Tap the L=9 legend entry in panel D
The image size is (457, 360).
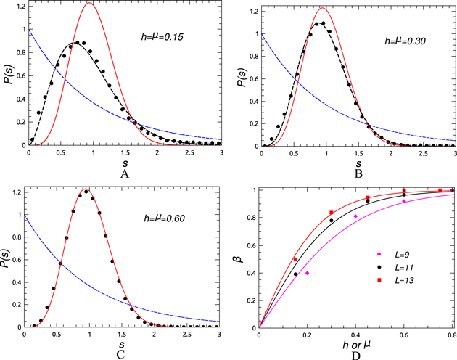tap(396, 255)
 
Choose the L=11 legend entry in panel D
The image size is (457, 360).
tap(398, 269)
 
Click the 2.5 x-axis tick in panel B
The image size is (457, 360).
tap(423, 153)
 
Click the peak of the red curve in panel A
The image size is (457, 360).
tap(89, 4)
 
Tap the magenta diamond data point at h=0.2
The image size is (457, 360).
tap(308, 273)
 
